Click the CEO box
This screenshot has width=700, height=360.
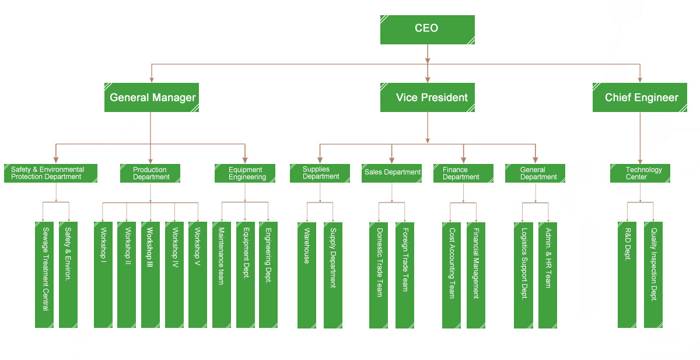coord(427,29)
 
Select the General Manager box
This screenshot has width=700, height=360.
coord(152,97)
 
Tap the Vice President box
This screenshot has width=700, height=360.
coord(427,97)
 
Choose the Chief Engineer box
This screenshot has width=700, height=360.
coord(640,97)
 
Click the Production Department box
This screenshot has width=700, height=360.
coord(150,173)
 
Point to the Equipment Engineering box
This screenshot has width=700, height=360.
coord(245,173)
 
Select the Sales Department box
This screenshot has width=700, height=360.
coord(392,173)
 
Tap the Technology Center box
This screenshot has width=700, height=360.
coord(640,173)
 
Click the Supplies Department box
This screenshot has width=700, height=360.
coord(320,173)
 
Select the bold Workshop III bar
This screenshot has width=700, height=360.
coord(150,274)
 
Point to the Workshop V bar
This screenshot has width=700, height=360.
coord(198,274)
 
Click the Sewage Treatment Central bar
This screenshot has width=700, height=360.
coord(44,274)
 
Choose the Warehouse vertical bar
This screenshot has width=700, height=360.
coord(307,274)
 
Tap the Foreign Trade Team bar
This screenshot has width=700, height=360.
coord(405,274)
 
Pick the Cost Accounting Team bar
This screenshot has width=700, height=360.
coord(451,274)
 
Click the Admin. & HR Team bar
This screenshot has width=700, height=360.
coord(548,274)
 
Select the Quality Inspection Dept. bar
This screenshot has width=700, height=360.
coord(653,274)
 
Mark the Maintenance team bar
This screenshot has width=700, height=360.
coord(221,274)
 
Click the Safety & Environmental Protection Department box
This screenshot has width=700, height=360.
coord(50,173)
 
